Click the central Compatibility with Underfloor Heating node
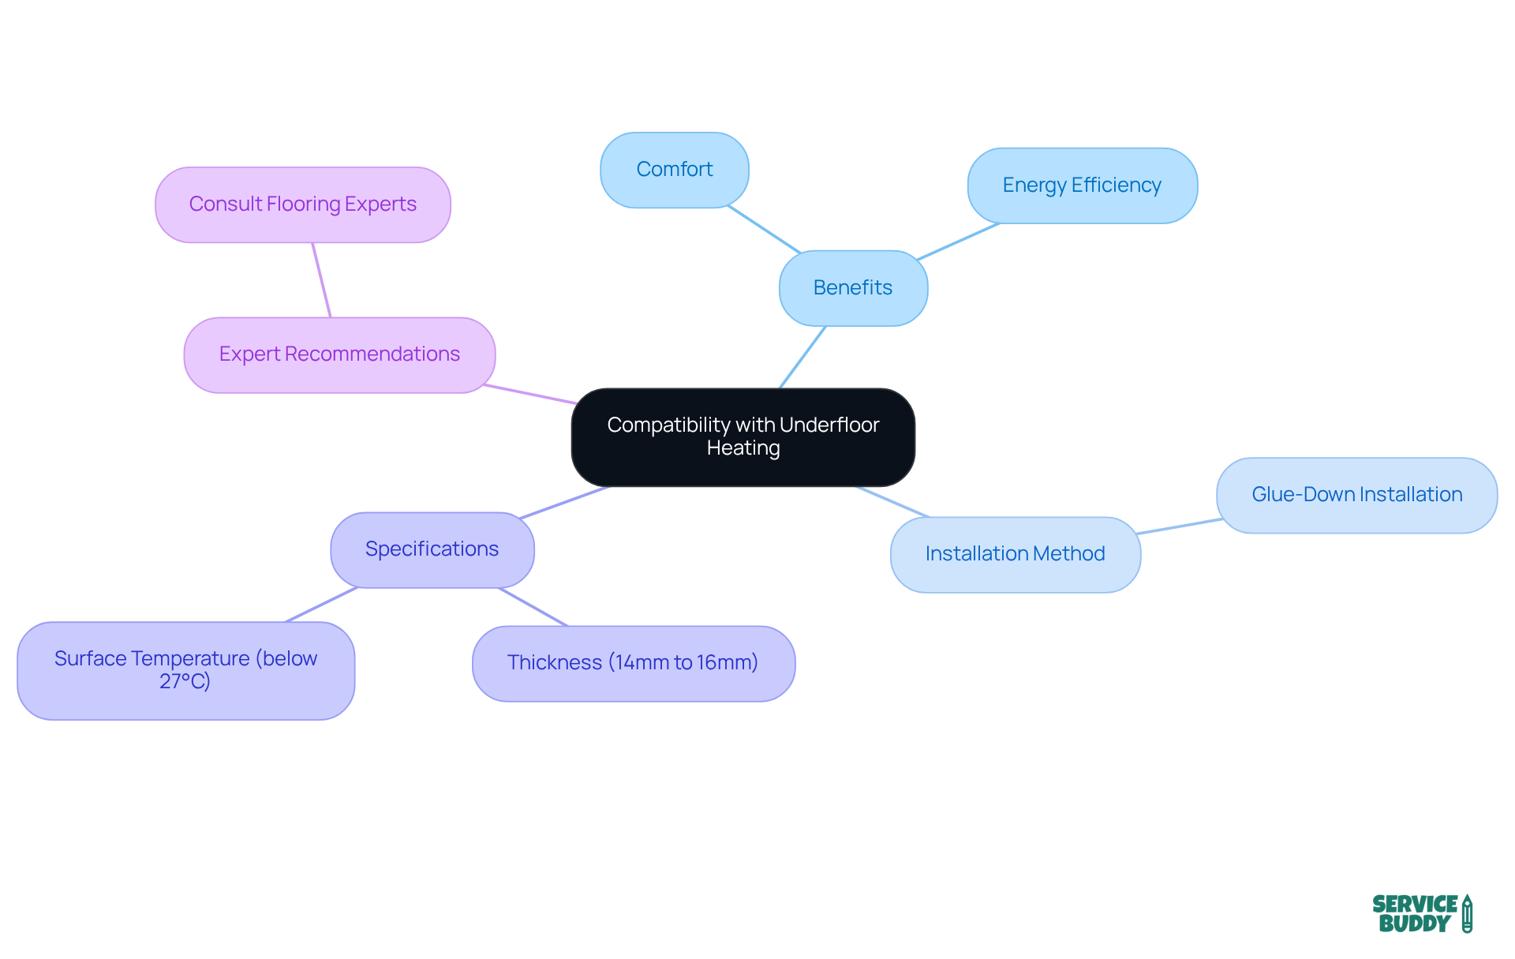pos(743,436)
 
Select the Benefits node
pos(853,288)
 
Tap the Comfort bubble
pos(674,170)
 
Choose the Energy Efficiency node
pos(1082,185)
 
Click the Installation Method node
pos(1015,554)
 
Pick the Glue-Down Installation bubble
pos(1356,495)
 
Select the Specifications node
pos(432,549)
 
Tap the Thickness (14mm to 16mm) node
pos(633,663)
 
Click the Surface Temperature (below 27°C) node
pos(185,670)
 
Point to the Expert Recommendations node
pos(339,354)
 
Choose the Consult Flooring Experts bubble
pos(302,204)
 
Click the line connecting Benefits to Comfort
pos(764,230)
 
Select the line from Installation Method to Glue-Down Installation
pos(1179,526)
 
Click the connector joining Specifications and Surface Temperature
pos(322,605)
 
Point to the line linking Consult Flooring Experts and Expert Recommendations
pos(321,280)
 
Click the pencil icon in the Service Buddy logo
pos(1467,913)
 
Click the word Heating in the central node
pos(743,448)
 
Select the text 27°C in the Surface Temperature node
pos(185,681)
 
